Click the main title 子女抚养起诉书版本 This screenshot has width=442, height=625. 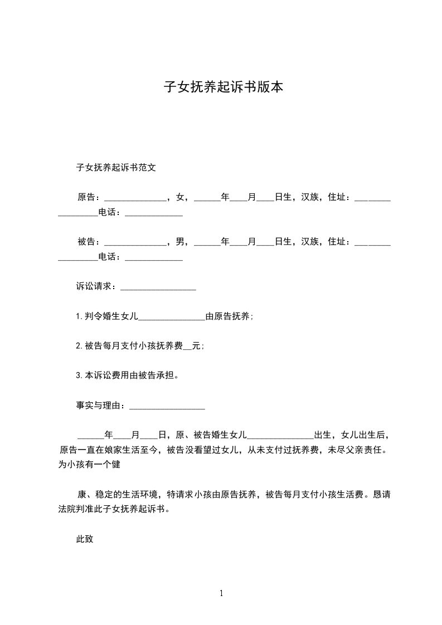(x=223, y=87)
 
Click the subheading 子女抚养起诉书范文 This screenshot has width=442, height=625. (x=115, y=167)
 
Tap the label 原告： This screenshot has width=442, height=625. (x=89, y=197)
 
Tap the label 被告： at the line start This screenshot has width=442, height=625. (x=89, y=242)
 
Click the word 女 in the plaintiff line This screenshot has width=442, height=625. (x=179, y=197)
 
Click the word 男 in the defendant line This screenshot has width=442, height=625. (x=179, y=242)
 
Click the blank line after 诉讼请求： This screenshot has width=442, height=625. (x=158, y=287)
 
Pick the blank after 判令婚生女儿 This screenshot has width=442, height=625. (x=171, y=318)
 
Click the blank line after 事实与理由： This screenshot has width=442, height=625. (x=167, y=407)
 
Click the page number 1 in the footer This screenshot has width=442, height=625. (x=221, y=593)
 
